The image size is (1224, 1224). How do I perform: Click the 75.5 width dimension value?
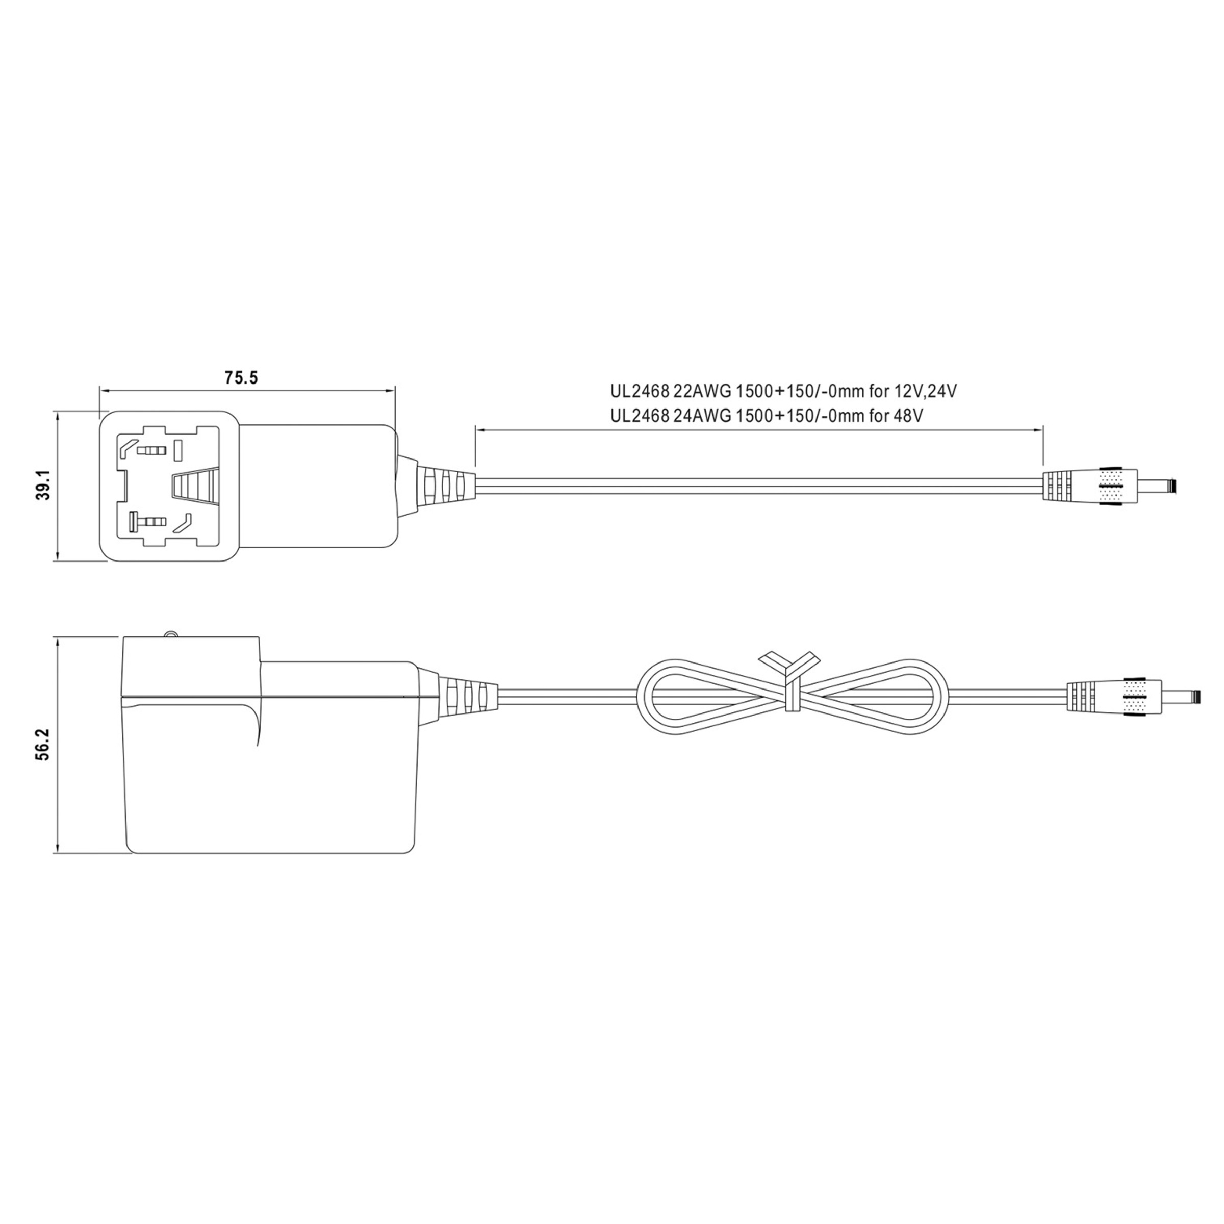tap(241, 378)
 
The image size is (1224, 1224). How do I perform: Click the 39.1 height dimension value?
tap(42, 486)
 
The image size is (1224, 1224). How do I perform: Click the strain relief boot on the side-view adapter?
tap(467, 697)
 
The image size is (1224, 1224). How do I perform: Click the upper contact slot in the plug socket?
tap(152, 451)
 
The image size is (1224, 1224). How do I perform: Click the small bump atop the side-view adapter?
tap(169, 633)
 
